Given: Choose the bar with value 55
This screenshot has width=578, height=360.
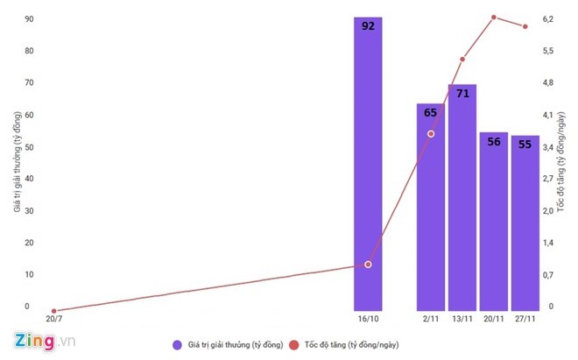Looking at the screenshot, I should pyautogui.click(x=525, y=222).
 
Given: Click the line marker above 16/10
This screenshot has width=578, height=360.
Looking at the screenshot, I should pyautogui.click(x=368, y=264).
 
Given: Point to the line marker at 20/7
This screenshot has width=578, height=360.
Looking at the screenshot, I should pyautogui.click(x=54, y=311).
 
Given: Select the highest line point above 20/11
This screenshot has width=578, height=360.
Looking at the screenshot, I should pyautogui.click(x=494, y=18).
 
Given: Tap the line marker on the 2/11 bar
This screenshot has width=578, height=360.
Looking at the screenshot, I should pyautogui.click(x=431, y=133).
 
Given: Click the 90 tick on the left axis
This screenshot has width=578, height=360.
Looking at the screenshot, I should pyautogui.click(x=30, y=19).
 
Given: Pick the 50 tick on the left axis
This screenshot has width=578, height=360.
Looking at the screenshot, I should pyautogui.click(x=30, y=147).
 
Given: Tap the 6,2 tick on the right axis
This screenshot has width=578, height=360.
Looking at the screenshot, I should pyautogui.click(x=548, y=19).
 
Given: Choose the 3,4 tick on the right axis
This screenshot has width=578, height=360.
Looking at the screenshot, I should pyautogui.click(x=548, y=147).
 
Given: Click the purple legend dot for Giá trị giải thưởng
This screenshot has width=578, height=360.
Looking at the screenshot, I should pyautogui.click(x=177, y=344).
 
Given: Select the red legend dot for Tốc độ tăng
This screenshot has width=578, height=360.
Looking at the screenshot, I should pyautogui.click(x=293, y=344).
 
